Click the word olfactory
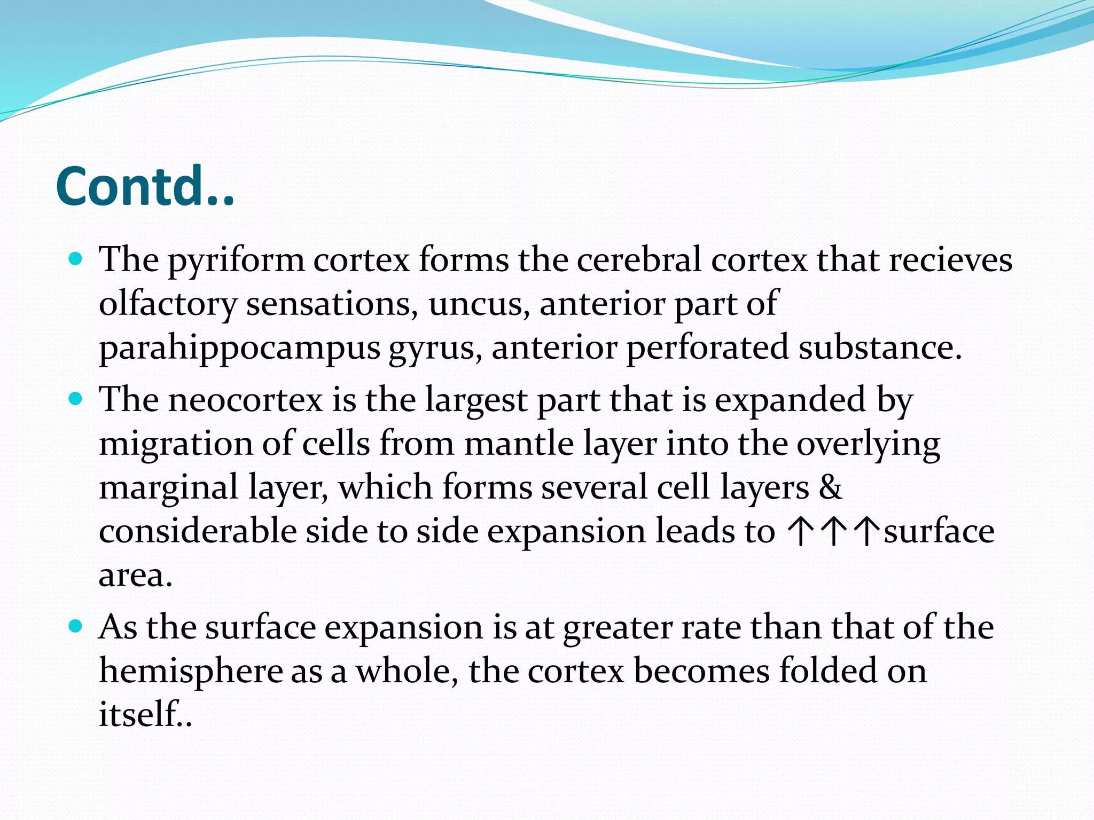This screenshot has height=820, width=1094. pyautogui.click(x=168, y=305)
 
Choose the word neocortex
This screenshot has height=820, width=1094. pyautogui.click(x=246, y=400)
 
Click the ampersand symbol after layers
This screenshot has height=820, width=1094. pyautogui.click(x=830, y=488)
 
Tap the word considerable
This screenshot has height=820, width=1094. pyautogui.click(x=198, y=532)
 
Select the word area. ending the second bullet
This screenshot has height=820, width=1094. pyautogui.click(x=136, y=575)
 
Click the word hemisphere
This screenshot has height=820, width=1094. pyautogui.click(x=191, y=672)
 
